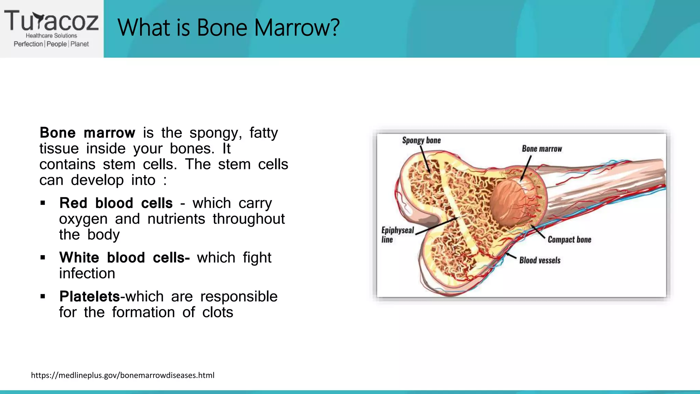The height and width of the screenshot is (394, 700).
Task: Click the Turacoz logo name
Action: pos(51,21)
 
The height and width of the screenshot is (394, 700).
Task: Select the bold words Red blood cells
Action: pos(116,203)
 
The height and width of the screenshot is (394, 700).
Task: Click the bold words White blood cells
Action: pos(124,258)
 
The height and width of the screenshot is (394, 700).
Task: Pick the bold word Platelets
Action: pos(90,297)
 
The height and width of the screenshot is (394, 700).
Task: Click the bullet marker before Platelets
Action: pos(43,296)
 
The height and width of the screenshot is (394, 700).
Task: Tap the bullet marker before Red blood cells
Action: pos(43,203)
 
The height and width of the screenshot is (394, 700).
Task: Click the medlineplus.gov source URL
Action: pos(123,375)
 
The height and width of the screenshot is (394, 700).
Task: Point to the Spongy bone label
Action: pos(421,141)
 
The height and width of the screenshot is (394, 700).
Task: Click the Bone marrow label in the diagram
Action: pos(542,149)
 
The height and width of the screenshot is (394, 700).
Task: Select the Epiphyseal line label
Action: pos(397,235)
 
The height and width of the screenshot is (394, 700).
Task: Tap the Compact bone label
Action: pos(569,239)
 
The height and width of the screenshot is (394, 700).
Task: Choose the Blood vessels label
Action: pos(540,260)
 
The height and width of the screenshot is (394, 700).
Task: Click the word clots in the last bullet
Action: pos(218,312)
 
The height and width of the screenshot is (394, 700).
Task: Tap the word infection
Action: pos(87,274)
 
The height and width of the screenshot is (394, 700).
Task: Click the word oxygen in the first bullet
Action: pos(83,219)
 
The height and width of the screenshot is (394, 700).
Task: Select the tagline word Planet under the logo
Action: pos(80,44)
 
